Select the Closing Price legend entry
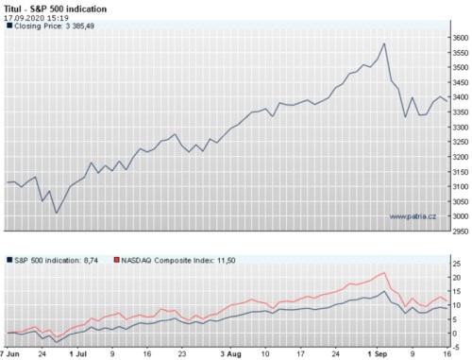click(x=57, y=27)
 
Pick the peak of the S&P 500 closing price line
click(x=384, y=43)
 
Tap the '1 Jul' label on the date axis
click(x=79, y=354)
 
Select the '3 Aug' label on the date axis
click(x=231, y=354)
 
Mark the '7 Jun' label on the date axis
click(x=9, y=354)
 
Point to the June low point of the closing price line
click(x=57, y=212)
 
